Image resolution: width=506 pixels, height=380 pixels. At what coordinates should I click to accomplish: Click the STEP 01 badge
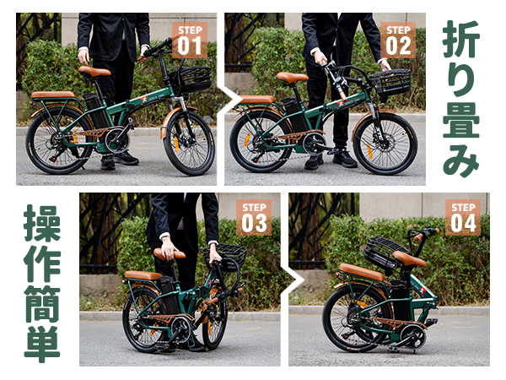(189, 40)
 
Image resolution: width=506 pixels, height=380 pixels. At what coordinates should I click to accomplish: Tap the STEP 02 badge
(398, 40)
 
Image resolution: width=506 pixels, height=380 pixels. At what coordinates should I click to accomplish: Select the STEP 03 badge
(254, 217)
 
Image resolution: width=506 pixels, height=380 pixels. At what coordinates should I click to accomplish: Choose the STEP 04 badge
(463, 217)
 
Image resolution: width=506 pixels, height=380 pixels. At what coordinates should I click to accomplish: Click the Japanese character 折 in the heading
(461, 39)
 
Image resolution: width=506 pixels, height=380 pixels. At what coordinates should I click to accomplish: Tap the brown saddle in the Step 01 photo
(95, 72)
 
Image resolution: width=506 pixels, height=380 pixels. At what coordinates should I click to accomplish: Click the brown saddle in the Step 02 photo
(292, 78)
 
